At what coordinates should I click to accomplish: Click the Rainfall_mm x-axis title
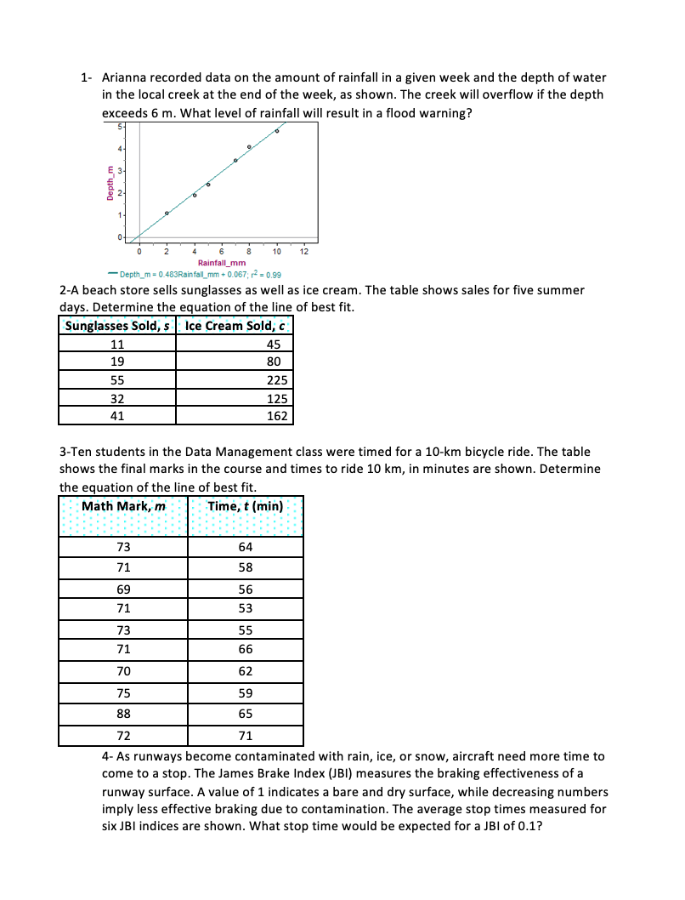coord(222,263)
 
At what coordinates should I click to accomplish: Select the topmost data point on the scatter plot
coord(277,130)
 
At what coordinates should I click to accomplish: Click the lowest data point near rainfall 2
coord(167,213)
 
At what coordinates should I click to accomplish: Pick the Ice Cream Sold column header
coord(234,326)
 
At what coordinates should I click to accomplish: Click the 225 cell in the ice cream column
coord(277,380)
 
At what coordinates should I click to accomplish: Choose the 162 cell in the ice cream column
coord(277,416)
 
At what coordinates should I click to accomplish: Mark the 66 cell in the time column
coord(245,651)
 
